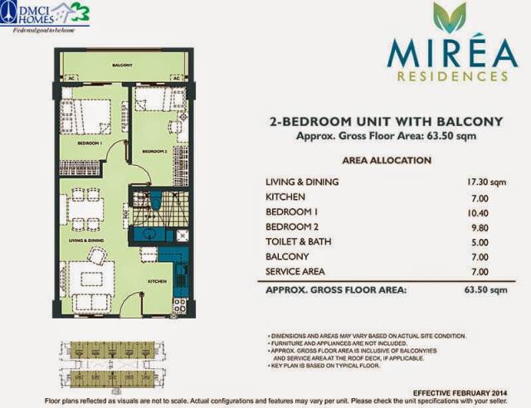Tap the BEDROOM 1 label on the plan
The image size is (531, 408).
coord(89,143)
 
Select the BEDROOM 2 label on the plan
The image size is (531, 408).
coord(153,151)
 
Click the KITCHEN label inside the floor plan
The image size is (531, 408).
coord(157,281)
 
